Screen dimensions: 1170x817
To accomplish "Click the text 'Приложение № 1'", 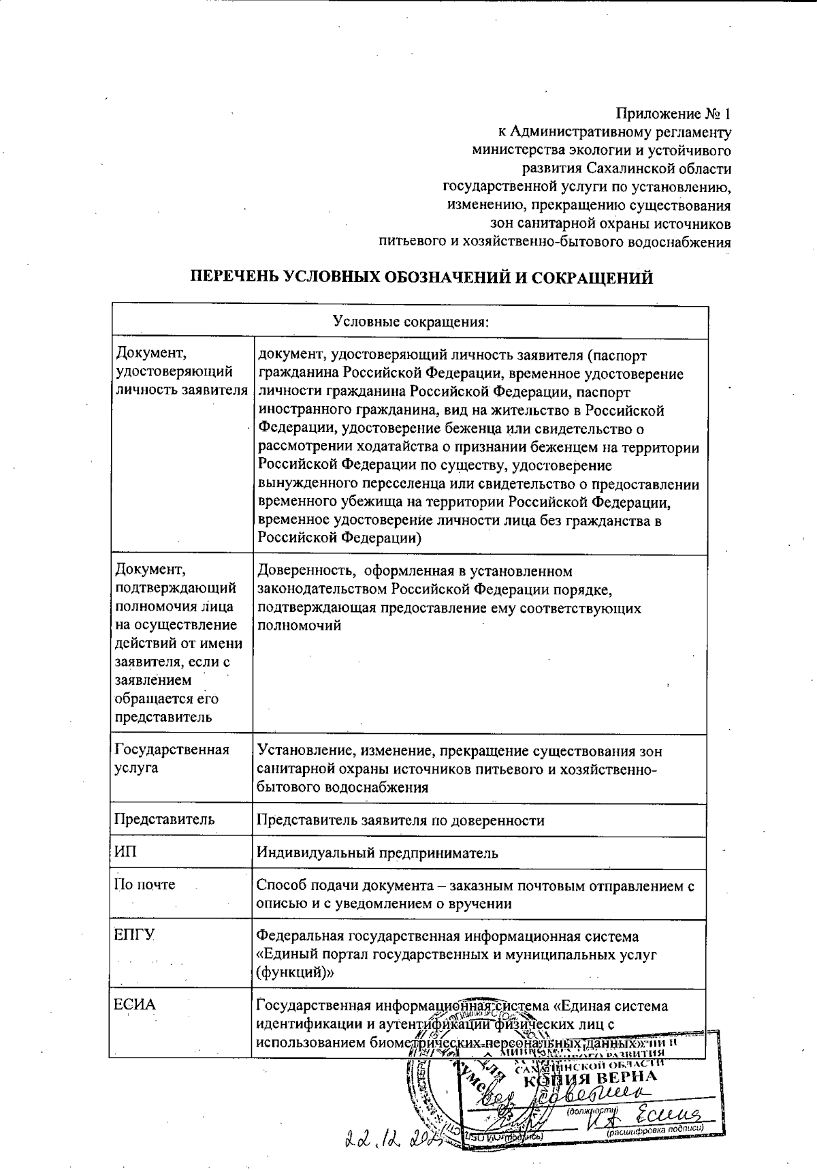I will pyautogui.click(x=674, y=112).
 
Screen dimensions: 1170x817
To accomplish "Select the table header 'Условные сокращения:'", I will pyautogui.click(x=411, y=320).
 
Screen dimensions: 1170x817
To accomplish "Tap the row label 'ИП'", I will pyautogui.click(x=126, y=852).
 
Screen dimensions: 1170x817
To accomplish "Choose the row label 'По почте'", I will pyautogui.click(x=144, y=884).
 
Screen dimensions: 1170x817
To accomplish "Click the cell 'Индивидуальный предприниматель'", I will pyautogui.click(x=377, y=852).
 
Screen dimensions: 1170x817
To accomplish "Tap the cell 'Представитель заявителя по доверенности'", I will pyautogui.click(x=400, y=820).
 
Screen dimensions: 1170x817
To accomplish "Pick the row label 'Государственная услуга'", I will pyautogui.click(x=172, y=758).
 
